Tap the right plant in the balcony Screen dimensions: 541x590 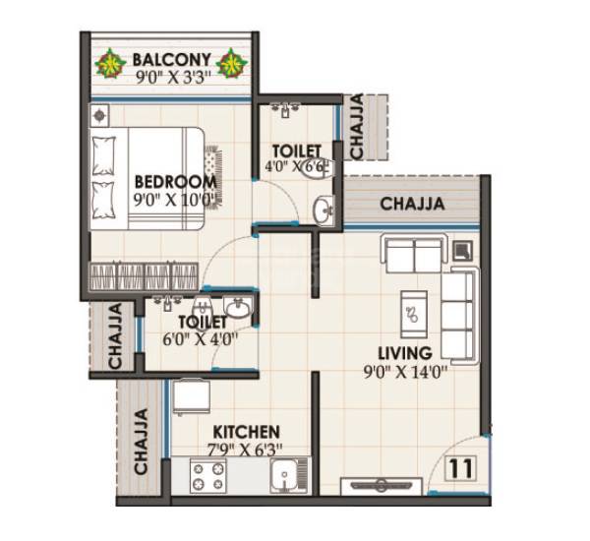pos(232,64)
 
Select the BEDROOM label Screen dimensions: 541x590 pos(175,182)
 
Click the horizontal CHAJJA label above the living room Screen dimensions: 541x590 pos(410,205)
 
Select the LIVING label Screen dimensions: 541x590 pos(404,352)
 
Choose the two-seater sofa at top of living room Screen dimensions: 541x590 pos(413,255)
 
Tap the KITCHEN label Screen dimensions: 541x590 pos(247,431)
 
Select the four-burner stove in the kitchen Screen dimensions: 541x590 pos(207,476)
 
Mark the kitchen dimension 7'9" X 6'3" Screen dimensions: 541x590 pos(247,450)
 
